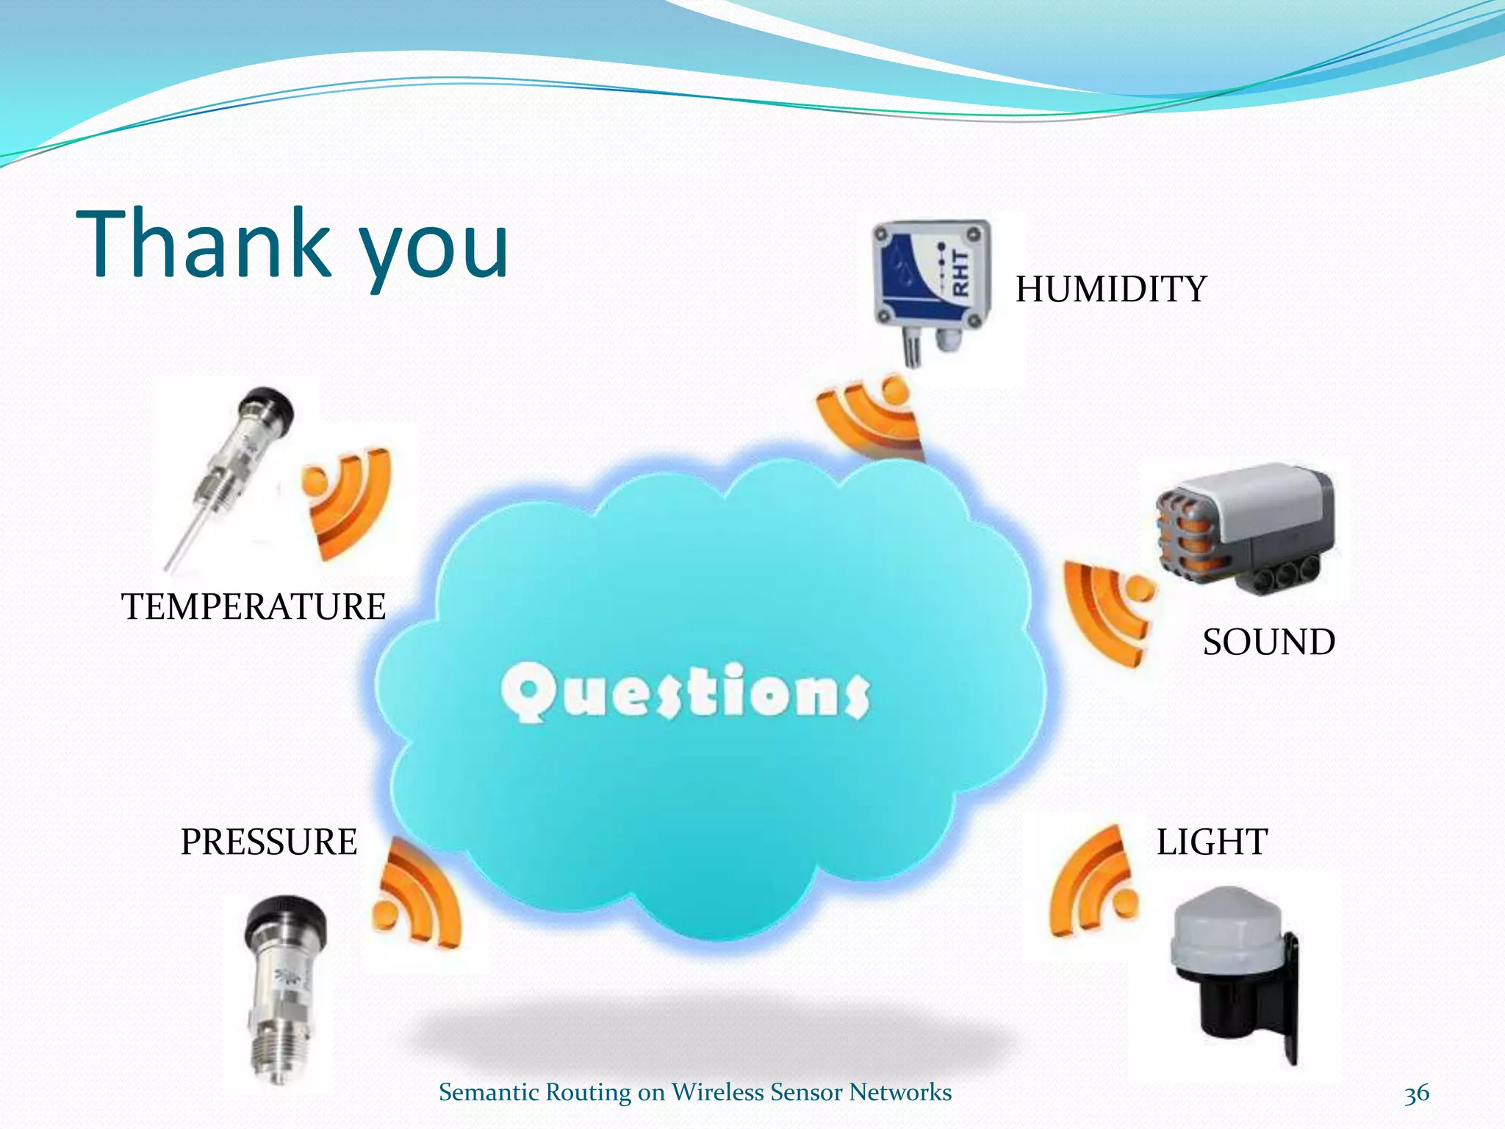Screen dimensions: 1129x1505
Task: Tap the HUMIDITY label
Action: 1110,289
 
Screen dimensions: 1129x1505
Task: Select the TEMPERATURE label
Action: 254,607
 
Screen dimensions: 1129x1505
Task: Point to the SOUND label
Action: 1268,642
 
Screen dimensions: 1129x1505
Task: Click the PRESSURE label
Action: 269,842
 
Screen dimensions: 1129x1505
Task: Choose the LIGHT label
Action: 1212,842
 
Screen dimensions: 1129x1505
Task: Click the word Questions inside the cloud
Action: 686,691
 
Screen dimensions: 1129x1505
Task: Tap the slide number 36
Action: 1416,1093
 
